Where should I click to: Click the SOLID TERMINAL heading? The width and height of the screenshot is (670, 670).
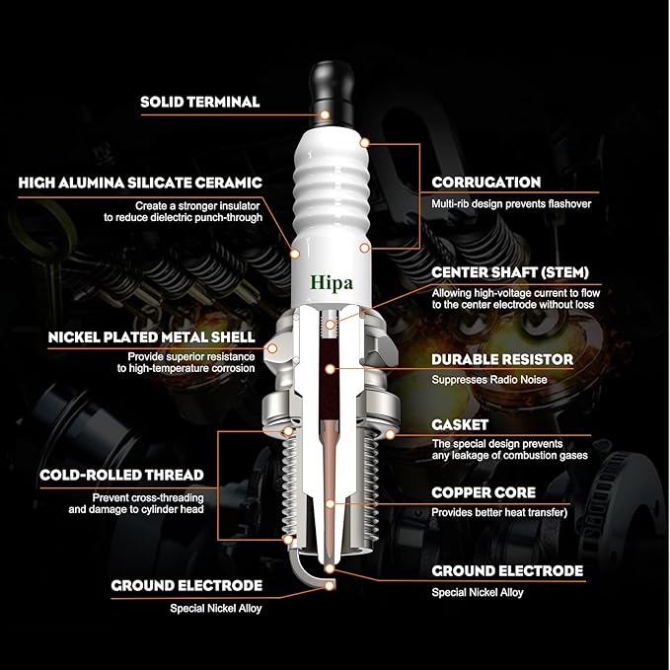point(200,102)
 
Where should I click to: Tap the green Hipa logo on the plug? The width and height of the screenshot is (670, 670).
point(332,283)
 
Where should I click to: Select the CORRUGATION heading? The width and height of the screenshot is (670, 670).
point(486,183)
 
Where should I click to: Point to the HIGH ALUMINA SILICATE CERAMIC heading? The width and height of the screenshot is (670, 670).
point(140,183)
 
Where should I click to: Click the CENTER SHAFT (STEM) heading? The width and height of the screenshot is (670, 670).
point(510,272)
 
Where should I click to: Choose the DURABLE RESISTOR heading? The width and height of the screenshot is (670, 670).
point(502,360)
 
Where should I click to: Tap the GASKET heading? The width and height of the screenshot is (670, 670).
point(460,425)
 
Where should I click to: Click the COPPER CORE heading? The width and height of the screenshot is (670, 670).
point(484,492)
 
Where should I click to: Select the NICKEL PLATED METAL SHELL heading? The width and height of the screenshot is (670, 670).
point(152,337)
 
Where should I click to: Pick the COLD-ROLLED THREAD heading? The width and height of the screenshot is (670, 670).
point(121,476)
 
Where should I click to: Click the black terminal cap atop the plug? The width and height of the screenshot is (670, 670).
point(332,93)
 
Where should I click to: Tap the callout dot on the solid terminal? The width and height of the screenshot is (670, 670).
point(325,114)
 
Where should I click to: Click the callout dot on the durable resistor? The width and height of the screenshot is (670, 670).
point(330,369)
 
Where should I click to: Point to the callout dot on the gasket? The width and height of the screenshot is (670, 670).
point(390,435)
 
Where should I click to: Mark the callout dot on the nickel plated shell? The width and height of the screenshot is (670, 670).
point(272,348)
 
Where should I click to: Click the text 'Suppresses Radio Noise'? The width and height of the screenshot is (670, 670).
point(489,380)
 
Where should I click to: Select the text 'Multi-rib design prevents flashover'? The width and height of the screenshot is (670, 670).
point(511,204)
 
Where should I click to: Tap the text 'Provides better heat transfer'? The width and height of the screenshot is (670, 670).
point(497,512)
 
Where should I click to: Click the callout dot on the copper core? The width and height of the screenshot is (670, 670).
point(330,504)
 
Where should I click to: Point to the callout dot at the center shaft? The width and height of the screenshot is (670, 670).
point(330,326)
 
